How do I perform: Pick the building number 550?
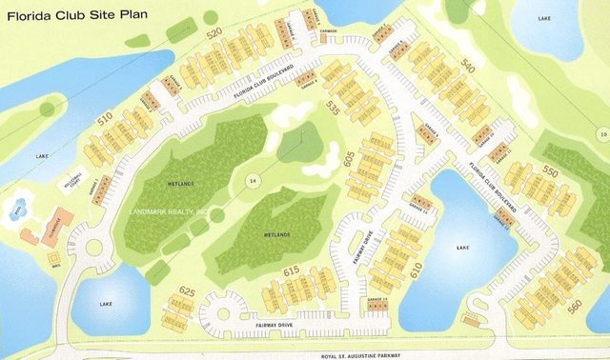point(549,171)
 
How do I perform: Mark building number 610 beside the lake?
point(416,270)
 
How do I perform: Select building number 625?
point(187,290)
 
